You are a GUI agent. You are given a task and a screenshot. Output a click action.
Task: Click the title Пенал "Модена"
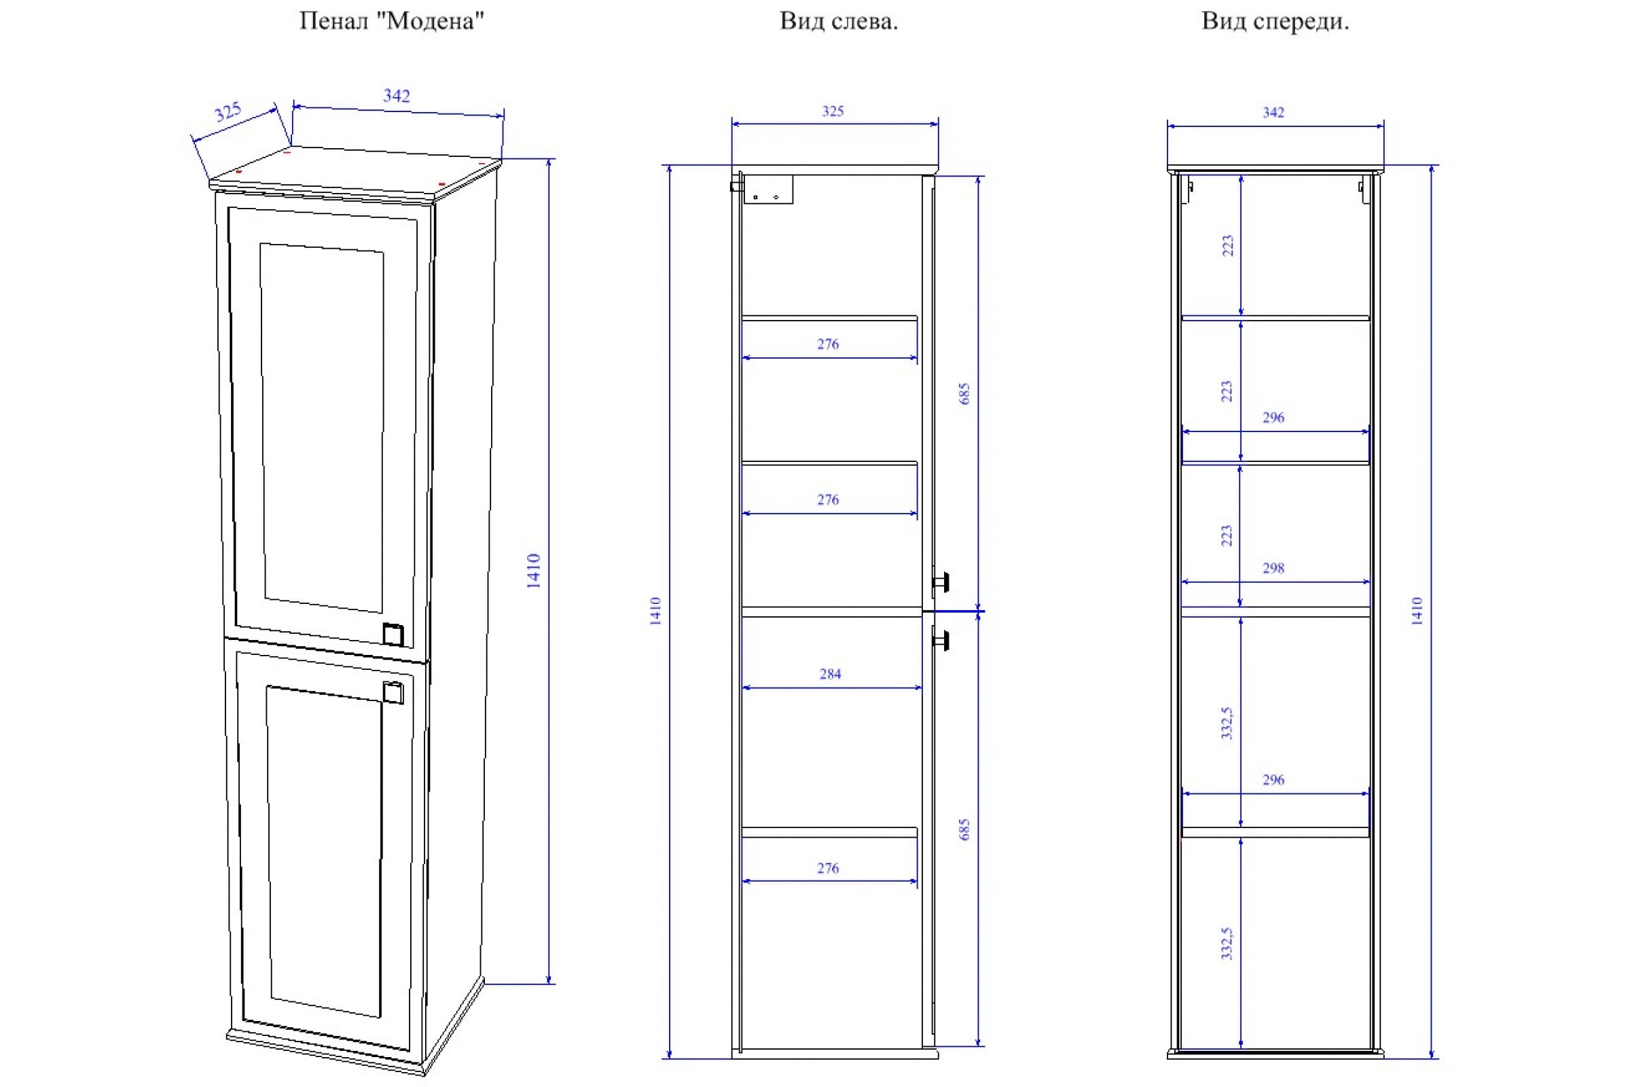coord(392,22)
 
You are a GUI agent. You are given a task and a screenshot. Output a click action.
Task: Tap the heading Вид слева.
coord(839,22)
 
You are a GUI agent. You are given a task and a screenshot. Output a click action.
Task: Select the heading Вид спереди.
coord(1275,22)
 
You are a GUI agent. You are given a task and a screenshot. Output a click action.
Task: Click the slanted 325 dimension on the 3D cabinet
coord(228,111)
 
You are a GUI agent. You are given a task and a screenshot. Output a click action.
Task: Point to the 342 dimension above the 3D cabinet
coord(397,96)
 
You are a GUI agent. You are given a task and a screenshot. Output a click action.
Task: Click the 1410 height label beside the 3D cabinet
coord(533,571)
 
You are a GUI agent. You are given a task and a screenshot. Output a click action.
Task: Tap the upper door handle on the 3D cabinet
coord(393,635)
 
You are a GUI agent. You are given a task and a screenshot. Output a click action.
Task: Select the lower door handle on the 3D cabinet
coord(393,692)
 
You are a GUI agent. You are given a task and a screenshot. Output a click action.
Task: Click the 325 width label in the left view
coord(833,111)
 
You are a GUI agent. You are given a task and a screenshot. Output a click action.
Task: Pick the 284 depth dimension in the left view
coord(830,673)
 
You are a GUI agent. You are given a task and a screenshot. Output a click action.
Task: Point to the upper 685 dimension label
coord(964,394)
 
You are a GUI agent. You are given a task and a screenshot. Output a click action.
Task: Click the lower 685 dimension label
coord(964,830)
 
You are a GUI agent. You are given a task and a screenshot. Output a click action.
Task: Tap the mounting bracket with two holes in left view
coord(768,190)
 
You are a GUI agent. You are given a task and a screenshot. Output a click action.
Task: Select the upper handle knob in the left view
coord(941,582)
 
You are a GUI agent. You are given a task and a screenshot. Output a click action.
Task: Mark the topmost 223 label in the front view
coord(1227,245)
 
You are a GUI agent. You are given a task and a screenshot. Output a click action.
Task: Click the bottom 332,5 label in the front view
coord(1227,944)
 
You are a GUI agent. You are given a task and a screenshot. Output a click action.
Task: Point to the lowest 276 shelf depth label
coord(828,868)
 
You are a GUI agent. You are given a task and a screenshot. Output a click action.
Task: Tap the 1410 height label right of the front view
coord(1417,611)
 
